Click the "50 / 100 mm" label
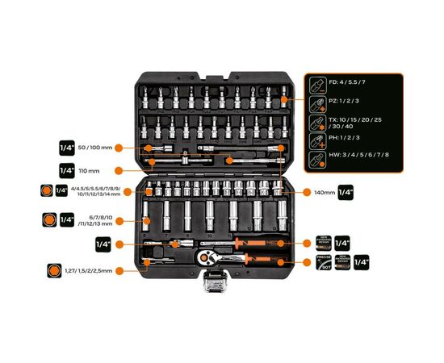pyautogui.click(x=95, y=148)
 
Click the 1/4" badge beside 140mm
pyautogui.click(x=346, y=192)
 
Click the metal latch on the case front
pyautogui.click(x=214, y=282)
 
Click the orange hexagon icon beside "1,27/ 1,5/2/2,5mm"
pyautogui.click(x=54, y=270)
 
